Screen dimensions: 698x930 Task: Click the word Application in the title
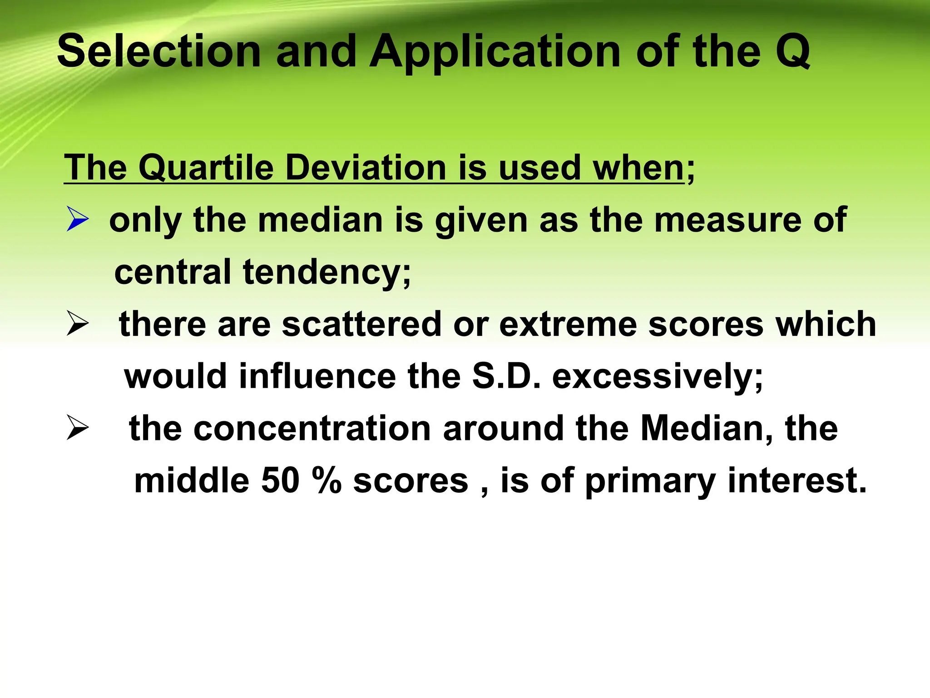click(x=495, y=52)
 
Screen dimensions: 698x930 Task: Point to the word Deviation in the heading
click(x=366, y=168)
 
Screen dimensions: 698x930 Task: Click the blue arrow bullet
click(x=77, y=219)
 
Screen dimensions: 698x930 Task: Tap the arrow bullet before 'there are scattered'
click(x=77, y=324)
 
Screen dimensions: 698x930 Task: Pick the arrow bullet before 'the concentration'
click(x=77, y=428)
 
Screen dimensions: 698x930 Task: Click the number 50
click(x=280, y=481)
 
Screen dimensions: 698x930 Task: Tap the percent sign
click(x=326, y=481)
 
